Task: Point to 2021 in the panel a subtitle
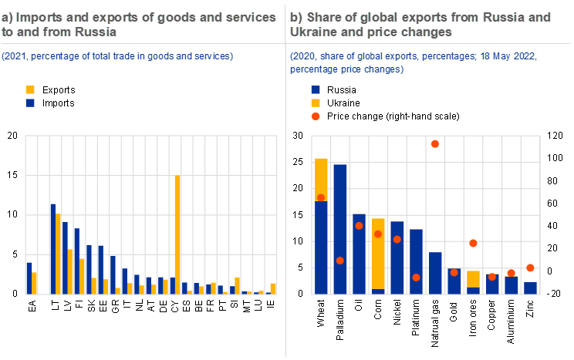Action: tap(16, 56)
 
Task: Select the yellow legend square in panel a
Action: tap(30, 89)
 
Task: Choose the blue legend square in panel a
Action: tap(30, 103)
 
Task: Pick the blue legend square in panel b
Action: tap(316, 89)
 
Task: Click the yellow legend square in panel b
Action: tap(316, 103)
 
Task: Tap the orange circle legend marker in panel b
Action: tap(316, 116)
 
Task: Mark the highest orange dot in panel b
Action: tap(435, 144)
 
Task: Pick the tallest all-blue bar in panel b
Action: tap(339, 228)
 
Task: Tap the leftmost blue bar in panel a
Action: tap(29, 278)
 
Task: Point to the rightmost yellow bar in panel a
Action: tap(273, 288)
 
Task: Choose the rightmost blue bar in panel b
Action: tap(531, 288)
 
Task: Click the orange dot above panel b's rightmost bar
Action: tap(531, 267)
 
